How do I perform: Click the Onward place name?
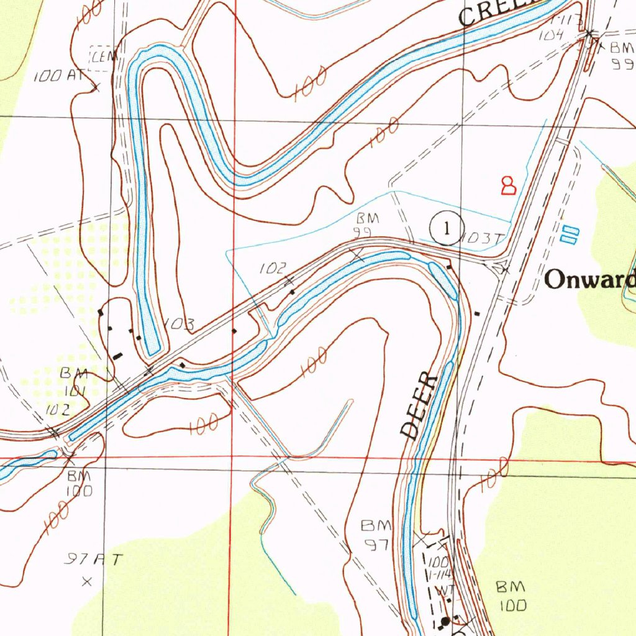click(x=589, y=280)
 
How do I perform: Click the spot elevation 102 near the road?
click(x=273, y=268)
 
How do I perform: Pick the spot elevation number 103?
click(x=181, y=324)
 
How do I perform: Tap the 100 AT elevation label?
click(x=58, y=76)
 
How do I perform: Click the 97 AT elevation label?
click(x=93, y=560)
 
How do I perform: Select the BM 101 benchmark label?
click(x=74, y=381)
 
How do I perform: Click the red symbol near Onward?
click(x=508, y=185)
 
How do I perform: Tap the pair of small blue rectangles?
click(x=569, y=234)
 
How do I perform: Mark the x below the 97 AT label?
click(x=87, y=582)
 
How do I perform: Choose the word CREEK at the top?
click(x=497, y=11)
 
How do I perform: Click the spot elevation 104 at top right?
click(x=550, y=35)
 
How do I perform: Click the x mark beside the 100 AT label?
click(x=96, y=88)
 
